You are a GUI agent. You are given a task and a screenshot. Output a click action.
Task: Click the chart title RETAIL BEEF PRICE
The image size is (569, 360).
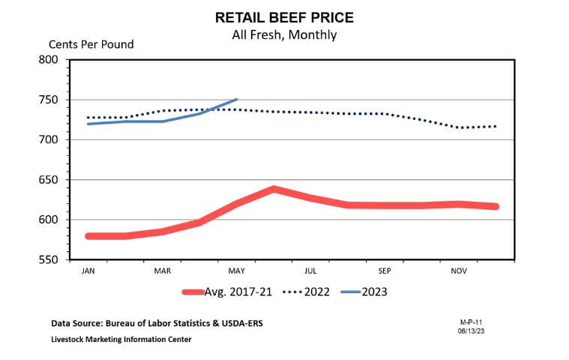coord(284,16)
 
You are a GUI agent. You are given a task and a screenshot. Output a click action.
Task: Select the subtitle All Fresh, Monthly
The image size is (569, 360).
coord(284,34)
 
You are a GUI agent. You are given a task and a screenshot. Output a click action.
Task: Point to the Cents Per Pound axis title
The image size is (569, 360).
coord(91,44)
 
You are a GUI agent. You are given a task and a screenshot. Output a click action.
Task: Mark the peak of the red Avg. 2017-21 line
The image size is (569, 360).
coord(274,188)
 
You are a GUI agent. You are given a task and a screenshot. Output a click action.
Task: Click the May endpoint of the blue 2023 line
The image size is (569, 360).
coord(237,99)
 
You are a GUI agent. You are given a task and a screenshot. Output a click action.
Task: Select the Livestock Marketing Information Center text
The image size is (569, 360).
coord(121,340)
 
